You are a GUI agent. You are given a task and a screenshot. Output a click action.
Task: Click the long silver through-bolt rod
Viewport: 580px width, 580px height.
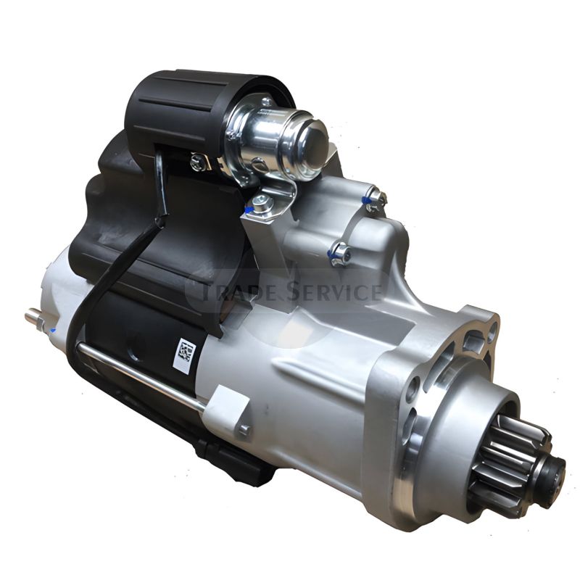coord(142,376)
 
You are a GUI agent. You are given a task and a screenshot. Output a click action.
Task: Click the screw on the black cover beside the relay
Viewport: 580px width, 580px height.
coord(197,161)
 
